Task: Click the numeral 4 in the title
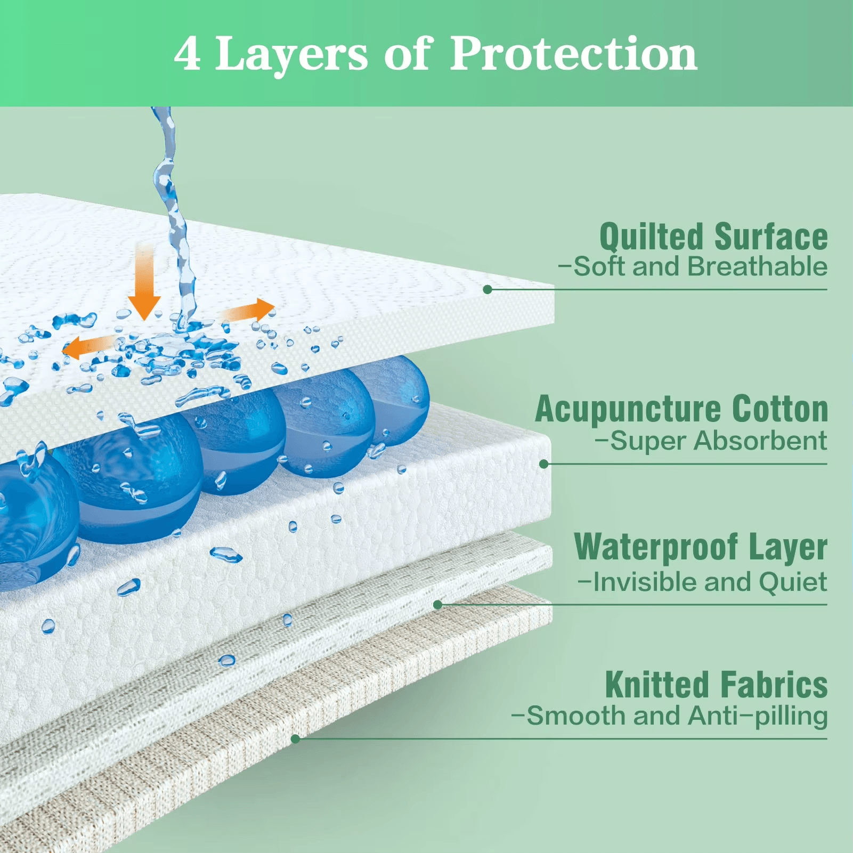[x=188, y=54]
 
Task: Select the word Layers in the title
[x=291, y=56]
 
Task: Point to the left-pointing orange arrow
[x=88, y=347]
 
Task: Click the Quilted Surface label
[x=713, y=237]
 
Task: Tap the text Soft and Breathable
[x=693, y=266]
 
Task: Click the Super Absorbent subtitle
[x=711, y=441]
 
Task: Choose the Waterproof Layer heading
[x=701, y=547]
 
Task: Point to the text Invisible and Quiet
[x=703, y=582]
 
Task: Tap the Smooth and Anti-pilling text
[x=670, y=716]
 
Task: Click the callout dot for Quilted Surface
[x=488, y=289]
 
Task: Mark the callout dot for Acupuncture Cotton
[x=544, y=464]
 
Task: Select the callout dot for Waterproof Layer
[x=438, y=605]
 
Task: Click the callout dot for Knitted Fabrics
[x=296, y=739]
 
